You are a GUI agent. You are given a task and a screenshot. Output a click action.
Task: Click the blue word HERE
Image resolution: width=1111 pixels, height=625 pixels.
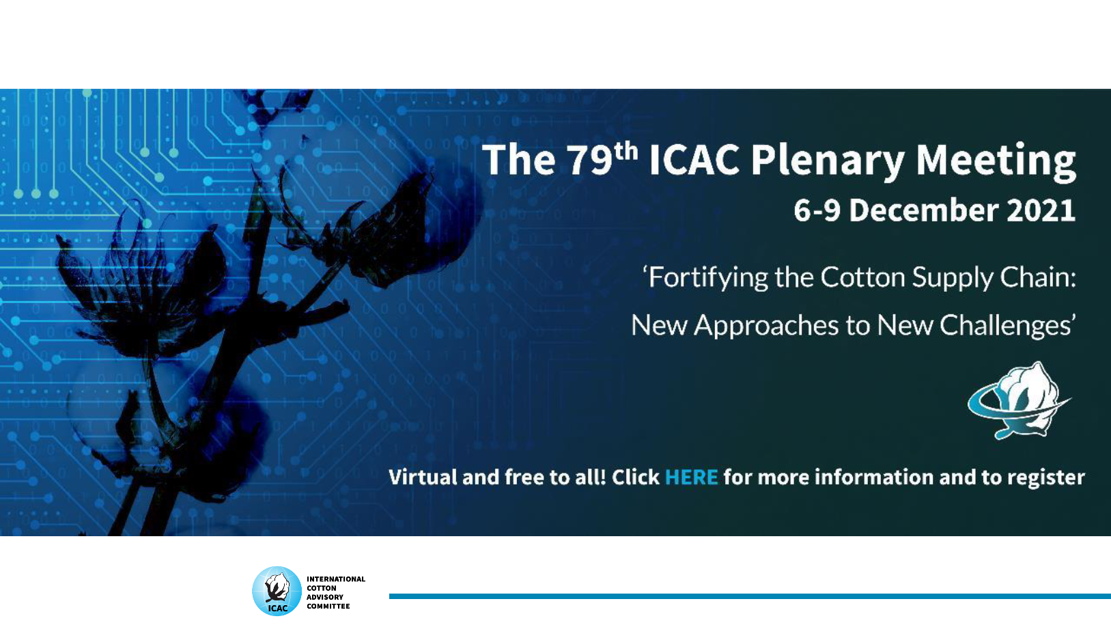(x=692, y=477)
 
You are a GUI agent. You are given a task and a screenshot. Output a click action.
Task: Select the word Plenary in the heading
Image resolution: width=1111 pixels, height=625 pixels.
(x=828, y=161)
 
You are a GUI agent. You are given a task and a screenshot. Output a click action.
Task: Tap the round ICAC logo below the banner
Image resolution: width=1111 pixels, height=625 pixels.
(x=277, y=591)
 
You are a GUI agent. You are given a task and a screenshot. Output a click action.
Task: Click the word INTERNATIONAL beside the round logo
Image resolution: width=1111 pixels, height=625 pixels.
(x=336, y=579)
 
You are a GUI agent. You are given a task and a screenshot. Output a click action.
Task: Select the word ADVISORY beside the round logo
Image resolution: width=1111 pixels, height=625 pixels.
(x=325, y=597)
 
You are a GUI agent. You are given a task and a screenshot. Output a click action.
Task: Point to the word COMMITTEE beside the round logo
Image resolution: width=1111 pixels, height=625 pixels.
(x=328, y=606)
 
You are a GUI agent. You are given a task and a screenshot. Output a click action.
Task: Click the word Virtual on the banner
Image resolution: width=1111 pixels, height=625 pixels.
(x=423, y=477)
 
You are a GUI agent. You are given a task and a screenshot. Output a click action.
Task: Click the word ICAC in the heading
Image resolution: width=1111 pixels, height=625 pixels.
(x=694, y=161)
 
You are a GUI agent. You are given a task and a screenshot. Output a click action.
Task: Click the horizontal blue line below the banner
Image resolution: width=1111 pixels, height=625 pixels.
(x=750, y=596)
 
